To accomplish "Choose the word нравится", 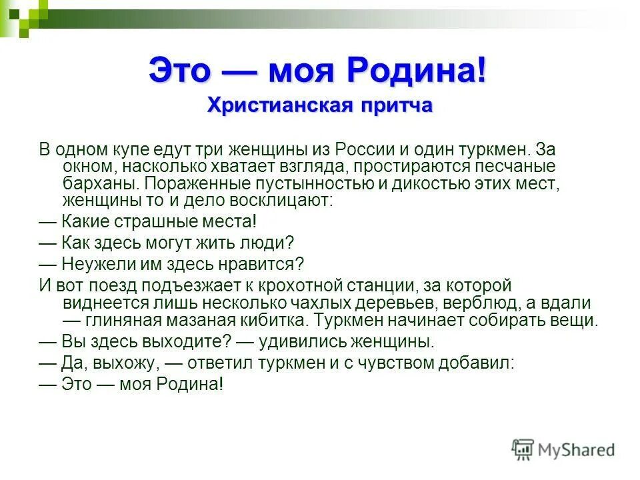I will (267, 264).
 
